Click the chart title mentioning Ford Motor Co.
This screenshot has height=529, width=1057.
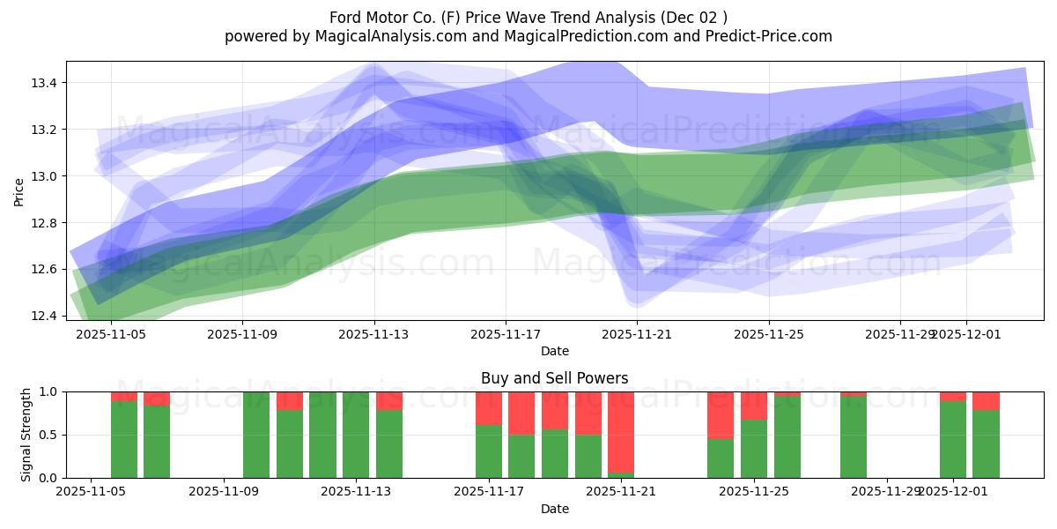[x=528, y=17]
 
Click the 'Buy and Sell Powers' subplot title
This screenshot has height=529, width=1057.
[x=554, y=378]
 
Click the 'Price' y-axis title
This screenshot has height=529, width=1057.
[x=19, y=191]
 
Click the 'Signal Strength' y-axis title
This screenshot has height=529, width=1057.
[x=26, y=435]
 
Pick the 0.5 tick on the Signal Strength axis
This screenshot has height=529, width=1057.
[x=48, y=435]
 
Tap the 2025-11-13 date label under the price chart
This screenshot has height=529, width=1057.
[x=374, y=334]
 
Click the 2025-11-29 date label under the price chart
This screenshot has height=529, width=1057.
[x=900, y=334]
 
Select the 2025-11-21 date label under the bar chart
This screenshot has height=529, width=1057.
[x=622, y=492]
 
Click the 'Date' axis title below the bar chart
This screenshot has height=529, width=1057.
[x=554, y=509]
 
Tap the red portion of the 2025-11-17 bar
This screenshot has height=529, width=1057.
[x=489, y=407]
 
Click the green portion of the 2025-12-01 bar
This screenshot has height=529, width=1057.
[x=953, y=441]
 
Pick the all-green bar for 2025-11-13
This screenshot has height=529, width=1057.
[x=356, y=435]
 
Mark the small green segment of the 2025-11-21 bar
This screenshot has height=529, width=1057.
[x=621, y=475]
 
